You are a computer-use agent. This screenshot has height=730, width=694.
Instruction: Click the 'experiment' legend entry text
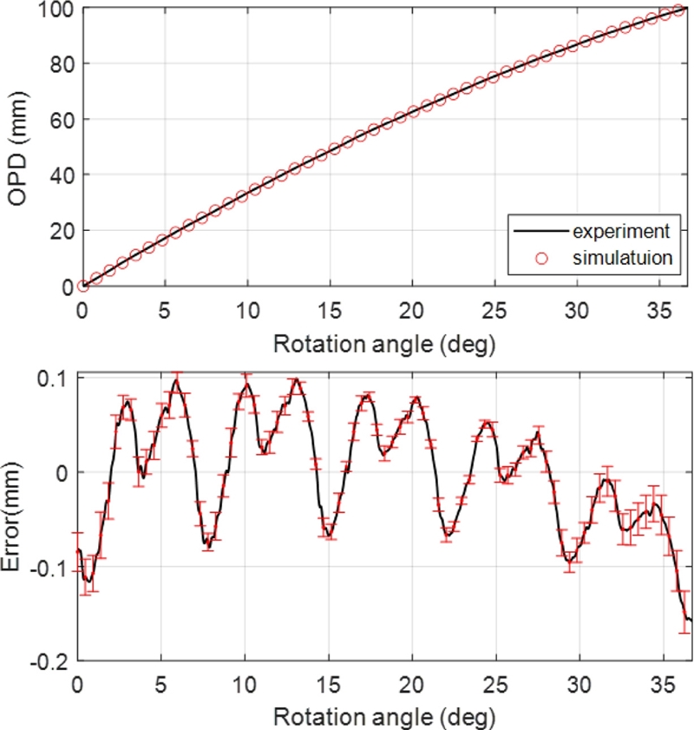tap(619, 232)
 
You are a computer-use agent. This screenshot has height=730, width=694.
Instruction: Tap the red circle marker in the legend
tap(542, 258)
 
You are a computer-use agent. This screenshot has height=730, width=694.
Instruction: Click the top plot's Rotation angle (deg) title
tap(383, 345)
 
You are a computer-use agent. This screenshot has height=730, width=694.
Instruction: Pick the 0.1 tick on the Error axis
tap(54, 378)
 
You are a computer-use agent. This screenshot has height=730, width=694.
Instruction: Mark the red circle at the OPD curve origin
tap(83, 286)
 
